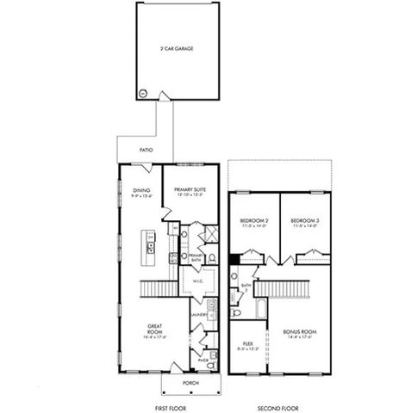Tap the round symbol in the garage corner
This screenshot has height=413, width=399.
(142, 92)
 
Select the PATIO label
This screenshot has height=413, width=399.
(146, 151)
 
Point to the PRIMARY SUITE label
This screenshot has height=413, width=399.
(188, 193)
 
